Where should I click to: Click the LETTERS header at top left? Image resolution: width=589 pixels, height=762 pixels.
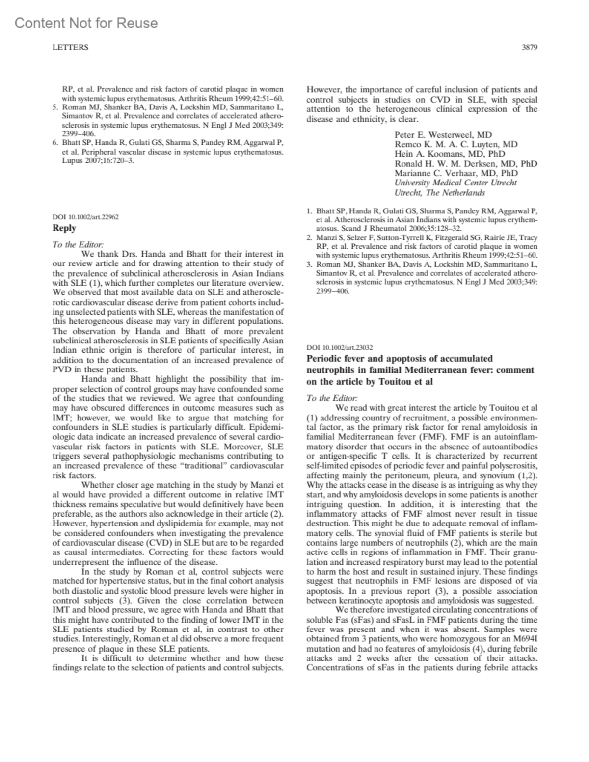[70, 48]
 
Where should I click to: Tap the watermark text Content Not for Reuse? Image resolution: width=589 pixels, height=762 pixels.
[86, 23]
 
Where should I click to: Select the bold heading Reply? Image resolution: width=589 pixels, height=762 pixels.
[64, 228]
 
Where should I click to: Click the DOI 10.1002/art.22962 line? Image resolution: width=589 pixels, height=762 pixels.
[85, 216]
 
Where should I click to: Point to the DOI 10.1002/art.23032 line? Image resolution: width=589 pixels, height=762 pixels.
[340, 347]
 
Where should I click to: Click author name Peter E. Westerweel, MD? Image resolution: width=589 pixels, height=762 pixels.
[443, 135]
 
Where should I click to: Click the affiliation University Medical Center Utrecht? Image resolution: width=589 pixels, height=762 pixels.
[455, 183]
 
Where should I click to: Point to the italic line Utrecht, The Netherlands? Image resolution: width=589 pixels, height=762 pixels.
[440, 192]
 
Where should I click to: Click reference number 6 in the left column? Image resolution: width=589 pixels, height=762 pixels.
[55, 143]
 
